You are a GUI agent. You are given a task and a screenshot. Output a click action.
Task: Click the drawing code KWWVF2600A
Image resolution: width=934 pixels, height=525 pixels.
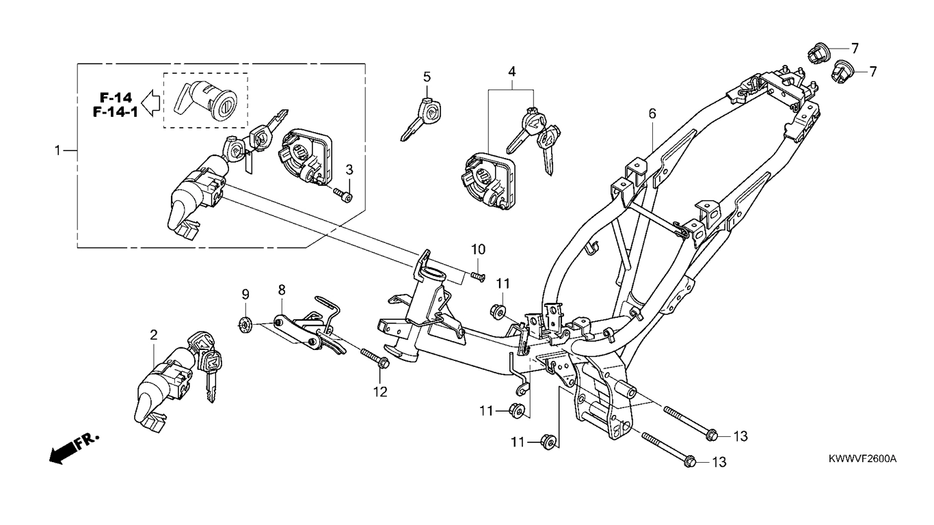coord(863,459)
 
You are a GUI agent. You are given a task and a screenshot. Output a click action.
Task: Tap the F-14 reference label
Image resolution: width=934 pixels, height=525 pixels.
coord(116,98)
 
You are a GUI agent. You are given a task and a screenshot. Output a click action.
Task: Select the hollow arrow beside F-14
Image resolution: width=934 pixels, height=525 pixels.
coord(150,103)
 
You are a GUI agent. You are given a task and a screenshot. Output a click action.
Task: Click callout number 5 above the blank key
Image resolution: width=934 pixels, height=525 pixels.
coord(427,77)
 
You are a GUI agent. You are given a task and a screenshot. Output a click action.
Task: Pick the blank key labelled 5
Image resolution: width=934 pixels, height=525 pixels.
coord(421,119)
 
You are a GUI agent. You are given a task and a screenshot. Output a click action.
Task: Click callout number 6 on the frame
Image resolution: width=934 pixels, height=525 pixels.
coord(652,113)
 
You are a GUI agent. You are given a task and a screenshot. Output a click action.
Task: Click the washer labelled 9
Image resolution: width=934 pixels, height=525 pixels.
coord(245,323)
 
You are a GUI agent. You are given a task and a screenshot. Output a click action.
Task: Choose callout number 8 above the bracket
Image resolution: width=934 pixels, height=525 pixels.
coord(282,289)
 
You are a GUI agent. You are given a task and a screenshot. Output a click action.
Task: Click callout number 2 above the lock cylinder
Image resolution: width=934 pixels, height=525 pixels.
coord(154,334)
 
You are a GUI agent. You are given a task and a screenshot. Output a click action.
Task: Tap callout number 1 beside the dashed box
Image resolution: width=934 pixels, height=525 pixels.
coord(58,150)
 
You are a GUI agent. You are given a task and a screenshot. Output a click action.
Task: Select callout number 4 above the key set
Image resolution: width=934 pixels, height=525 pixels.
coord(511,71)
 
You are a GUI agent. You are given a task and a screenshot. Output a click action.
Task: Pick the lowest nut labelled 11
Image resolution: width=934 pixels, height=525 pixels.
coord(547,442)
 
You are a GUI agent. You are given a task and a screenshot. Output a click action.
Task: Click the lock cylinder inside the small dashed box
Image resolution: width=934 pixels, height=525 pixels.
coord(206,100)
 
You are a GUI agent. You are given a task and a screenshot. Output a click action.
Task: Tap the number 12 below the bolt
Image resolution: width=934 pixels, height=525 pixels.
coord(380,392)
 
